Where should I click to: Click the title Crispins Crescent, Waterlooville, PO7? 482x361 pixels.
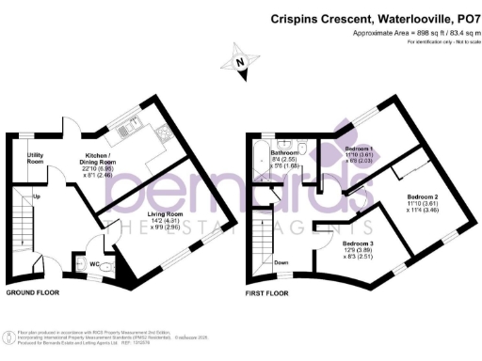[374, 18]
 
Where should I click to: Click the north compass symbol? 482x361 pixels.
[240, 63]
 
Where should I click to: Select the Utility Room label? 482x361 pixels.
[36, 158]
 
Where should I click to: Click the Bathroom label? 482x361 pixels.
[284, 152]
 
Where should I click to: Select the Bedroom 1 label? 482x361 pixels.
[359, 151]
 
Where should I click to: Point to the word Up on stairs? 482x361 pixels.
[37, 196]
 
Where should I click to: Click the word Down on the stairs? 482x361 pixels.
[281, 262]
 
